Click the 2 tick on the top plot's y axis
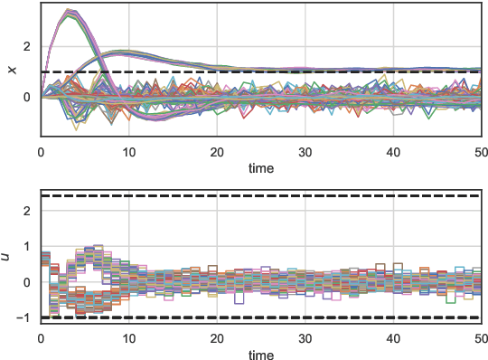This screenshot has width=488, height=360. click(29, 46)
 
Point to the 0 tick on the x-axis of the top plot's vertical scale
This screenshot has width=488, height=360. click(29, 97)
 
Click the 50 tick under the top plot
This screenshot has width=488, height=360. click(481, 153)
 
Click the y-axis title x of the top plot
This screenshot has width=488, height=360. click(11, 69)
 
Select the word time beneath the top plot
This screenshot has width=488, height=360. click(261, 168)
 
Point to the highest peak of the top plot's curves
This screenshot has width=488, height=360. click(70, 11)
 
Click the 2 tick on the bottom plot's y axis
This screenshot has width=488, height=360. click(29, 211)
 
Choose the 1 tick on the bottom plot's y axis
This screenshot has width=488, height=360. click(29, 246)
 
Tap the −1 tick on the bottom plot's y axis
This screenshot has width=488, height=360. click(25, 317)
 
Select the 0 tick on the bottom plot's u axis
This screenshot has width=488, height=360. click(29, 282)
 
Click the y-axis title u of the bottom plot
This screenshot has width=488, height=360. click(8, 257)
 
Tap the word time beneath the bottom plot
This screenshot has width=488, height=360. click(261, 354)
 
